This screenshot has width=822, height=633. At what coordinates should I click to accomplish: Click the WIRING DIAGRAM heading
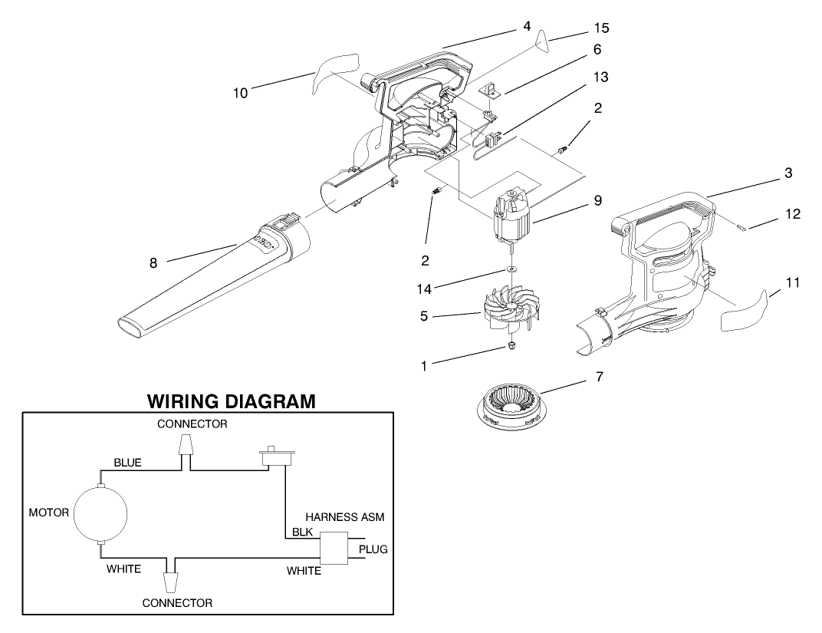pos(231,401)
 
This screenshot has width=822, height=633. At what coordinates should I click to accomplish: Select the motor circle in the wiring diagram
pos(100,513)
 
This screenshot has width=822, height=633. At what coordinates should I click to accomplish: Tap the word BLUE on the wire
pos(127,463)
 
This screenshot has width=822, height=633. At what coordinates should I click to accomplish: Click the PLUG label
pos(373,549)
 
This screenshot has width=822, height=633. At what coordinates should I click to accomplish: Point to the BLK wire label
pos(301,532)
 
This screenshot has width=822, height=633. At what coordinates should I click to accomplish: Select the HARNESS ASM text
pos(344,518)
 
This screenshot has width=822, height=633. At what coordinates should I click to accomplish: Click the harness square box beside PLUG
pos(334,549)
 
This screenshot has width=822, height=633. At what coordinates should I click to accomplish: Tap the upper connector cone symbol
pos(184,445)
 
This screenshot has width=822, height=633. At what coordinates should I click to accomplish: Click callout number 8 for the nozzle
pos(153,262)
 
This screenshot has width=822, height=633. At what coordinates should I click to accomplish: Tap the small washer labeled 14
pos(509,270)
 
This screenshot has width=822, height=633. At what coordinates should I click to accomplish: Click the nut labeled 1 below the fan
pos(508,348)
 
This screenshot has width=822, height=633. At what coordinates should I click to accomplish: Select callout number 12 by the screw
pos(793,214)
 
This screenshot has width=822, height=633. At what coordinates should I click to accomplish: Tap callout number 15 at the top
pos(601,28)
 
